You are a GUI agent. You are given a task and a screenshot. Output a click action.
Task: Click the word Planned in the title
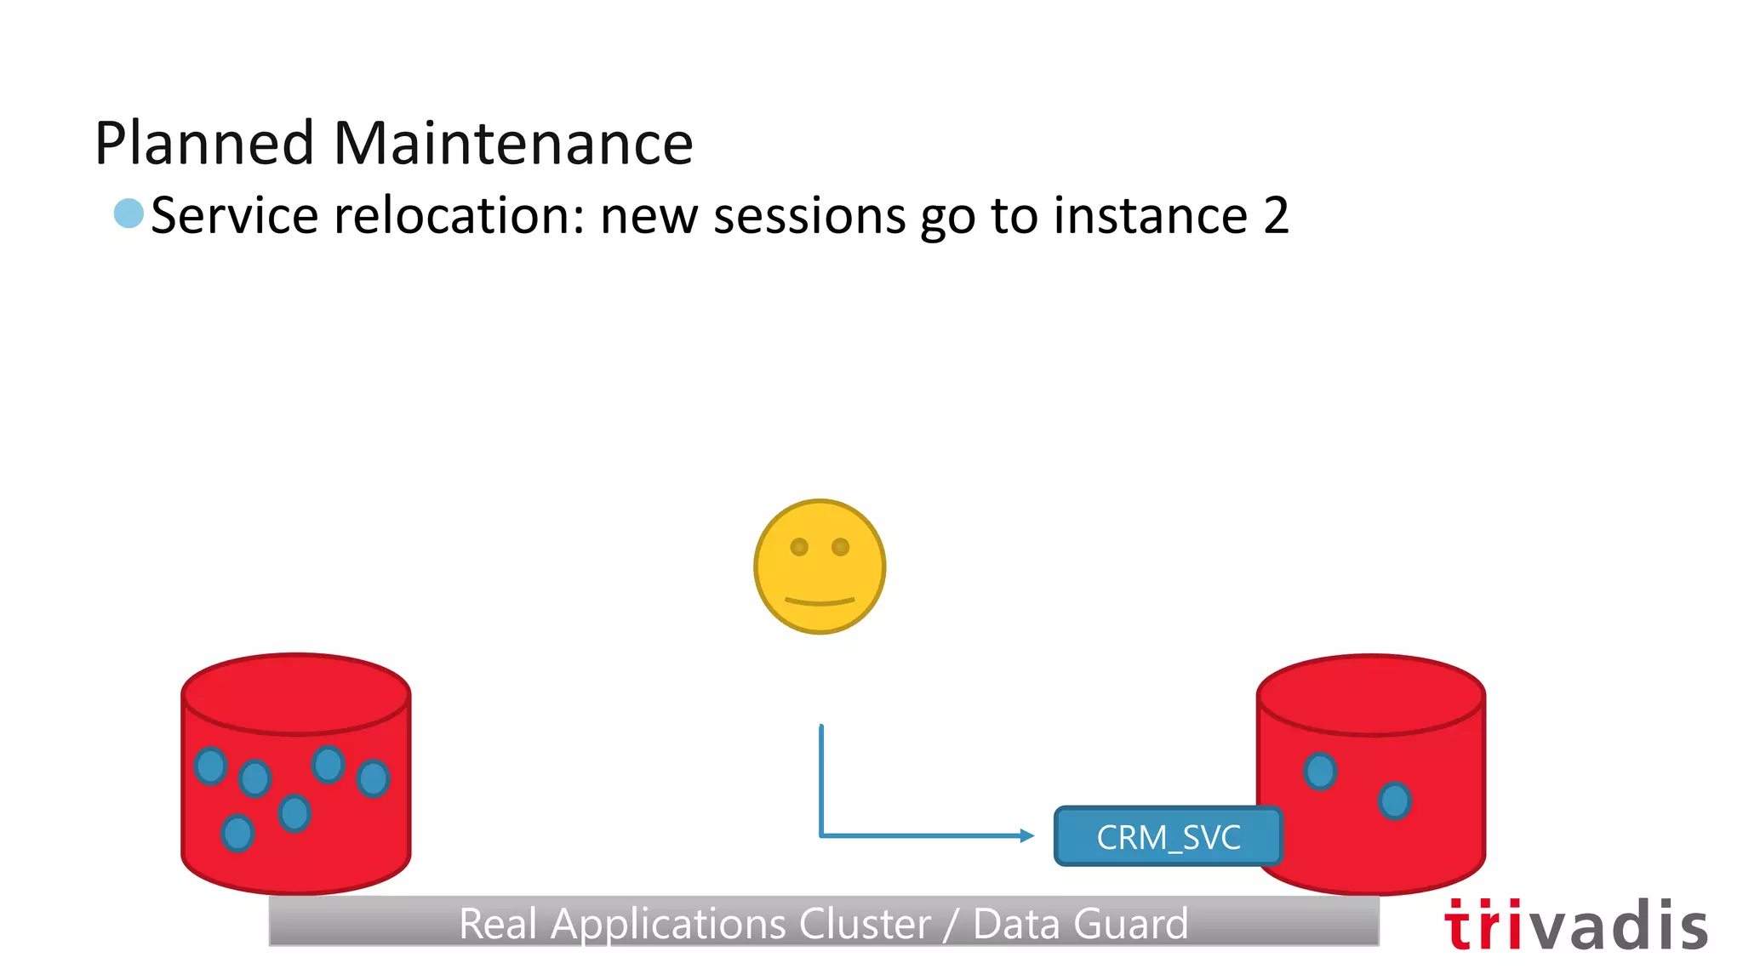point(204,143)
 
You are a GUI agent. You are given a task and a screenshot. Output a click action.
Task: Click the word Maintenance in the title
point(513,143)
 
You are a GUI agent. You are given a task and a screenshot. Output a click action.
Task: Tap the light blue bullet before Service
point(129,214)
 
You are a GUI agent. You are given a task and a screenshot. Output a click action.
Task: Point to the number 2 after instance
point(1275,215)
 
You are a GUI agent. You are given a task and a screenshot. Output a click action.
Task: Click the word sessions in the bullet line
point(809,215)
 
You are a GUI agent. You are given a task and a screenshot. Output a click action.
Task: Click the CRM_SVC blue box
point(1168,837)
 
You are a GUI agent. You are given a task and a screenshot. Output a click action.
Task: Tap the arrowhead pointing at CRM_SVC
point(1027,836)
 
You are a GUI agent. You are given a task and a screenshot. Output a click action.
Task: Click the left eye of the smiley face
point(799,547)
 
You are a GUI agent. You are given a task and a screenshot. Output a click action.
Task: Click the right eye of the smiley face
point(841,547)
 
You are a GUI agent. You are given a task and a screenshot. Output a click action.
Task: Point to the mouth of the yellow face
point(820,602)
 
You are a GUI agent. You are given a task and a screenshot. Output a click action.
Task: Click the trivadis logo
point(1575,926)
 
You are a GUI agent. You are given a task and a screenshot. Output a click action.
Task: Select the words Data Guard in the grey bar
point(1080,924)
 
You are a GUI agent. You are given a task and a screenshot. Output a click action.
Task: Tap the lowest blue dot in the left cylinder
point(237,833)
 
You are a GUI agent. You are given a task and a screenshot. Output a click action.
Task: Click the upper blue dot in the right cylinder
point(1320,772)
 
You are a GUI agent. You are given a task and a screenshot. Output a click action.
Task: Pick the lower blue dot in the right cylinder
point(1394,801)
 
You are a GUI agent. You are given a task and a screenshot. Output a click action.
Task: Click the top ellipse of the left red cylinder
point(296,693)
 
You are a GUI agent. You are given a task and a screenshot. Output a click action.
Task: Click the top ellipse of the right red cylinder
point(1371,694)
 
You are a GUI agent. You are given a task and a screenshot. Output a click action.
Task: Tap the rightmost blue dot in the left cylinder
point(373,778)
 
